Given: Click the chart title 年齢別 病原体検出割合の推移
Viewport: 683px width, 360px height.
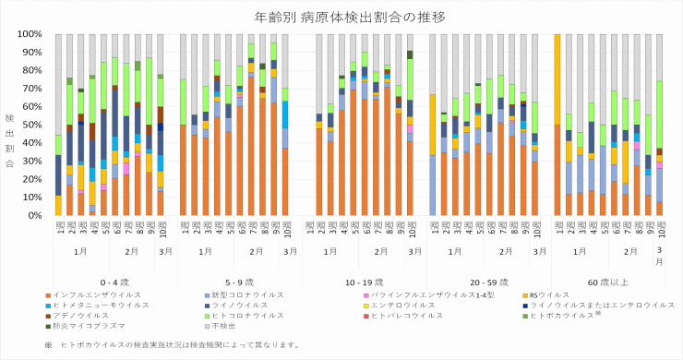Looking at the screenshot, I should click(x=341, y=17).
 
